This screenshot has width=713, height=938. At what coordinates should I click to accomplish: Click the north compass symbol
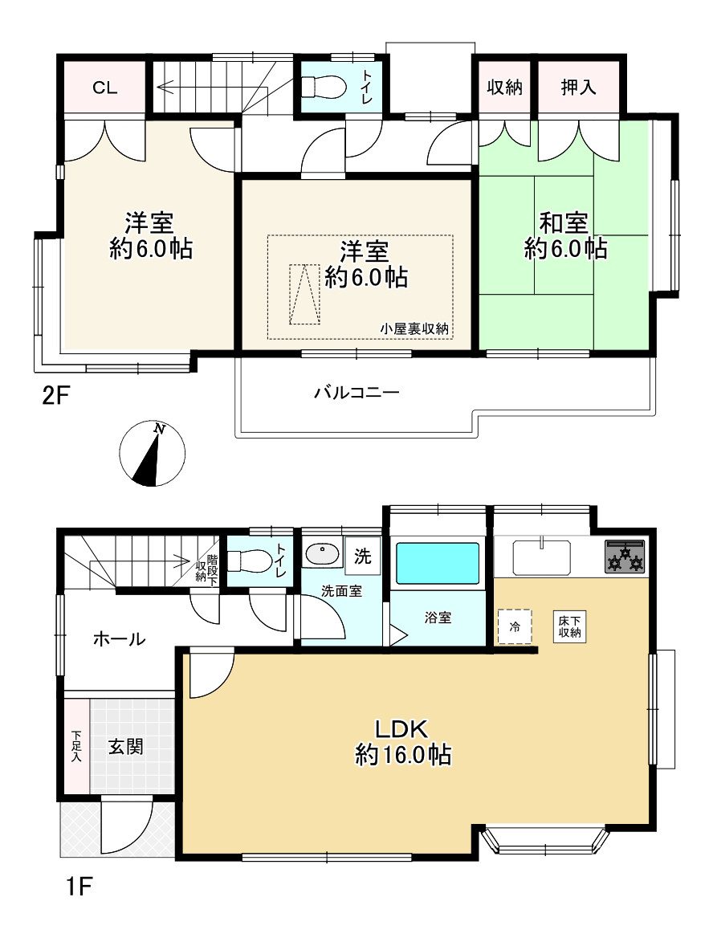pos(152,454)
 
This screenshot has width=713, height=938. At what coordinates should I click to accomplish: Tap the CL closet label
pos(104,88)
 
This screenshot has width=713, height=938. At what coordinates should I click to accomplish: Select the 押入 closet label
pos(578,88)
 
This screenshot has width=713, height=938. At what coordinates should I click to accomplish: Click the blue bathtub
pos(438,563)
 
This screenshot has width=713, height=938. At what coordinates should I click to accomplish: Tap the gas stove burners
pos(625,557)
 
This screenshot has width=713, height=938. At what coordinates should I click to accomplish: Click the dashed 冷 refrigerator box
pos(515,626)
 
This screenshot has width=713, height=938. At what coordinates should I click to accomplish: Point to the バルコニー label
pos(356,393)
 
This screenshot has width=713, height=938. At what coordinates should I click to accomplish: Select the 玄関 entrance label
pos(125,747)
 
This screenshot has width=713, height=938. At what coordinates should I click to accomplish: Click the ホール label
pos(119,639)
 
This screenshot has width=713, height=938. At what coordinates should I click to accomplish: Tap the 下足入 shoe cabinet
pos(77,747)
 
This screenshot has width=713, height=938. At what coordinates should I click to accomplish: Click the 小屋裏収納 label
pos(414,328)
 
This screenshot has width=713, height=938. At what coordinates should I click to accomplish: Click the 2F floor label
pos(57,395)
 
